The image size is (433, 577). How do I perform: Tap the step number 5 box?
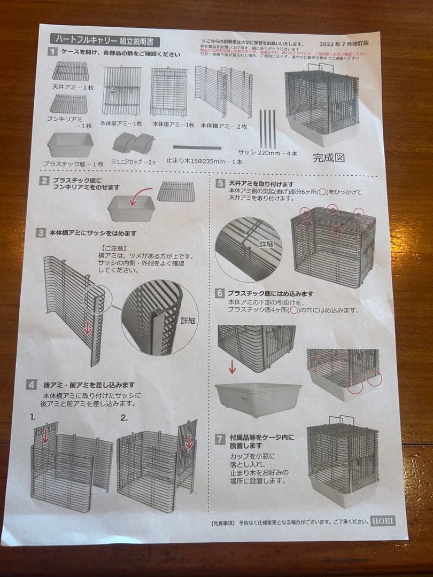(x=220, y=183)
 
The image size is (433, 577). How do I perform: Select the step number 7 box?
(x=220, y=439)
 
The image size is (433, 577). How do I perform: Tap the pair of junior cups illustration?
(x=133, y=143)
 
